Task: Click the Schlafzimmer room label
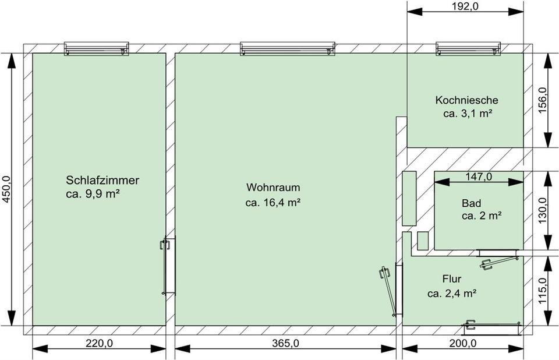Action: pos(102,180)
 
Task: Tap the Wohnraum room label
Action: pos(273,188)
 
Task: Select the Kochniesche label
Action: pos(466,100)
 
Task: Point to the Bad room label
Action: pos(471,203)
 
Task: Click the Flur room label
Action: pos(452,278)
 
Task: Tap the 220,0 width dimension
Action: pos(99,343)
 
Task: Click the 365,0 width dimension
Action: pos(285,343)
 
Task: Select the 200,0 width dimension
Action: pos(463,343)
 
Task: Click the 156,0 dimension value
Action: pos(542,100)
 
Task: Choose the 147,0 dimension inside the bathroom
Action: pos(479,177)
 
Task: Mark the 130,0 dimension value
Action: pos(542,210)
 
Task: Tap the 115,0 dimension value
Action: pos(542,291)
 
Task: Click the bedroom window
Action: pos(96,48)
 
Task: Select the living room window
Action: pos(287,48)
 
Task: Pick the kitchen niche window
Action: pos(468,48)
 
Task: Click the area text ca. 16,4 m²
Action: pos(273,203)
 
